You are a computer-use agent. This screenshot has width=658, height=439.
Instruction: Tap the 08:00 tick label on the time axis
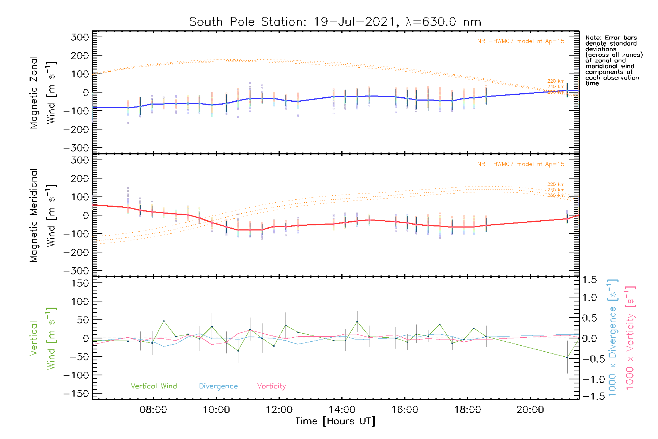coord(153,410)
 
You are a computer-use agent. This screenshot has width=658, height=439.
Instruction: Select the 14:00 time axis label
coord(342,410)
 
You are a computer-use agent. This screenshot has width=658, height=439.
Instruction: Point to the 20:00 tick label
coord(530,410)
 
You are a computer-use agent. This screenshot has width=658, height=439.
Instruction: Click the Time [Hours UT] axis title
coord(335,421)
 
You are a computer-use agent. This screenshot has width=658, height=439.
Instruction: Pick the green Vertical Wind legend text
coord(154,386)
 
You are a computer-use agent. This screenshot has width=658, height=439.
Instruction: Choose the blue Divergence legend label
coord(218,386)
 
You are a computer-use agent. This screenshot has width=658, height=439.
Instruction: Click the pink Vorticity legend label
coord(271,386)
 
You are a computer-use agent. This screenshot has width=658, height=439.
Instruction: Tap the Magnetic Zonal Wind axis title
coord(42,92)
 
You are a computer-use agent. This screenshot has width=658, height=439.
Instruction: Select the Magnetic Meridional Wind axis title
coord(42,215)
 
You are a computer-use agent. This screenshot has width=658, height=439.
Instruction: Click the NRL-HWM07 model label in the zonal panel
coord(521,41)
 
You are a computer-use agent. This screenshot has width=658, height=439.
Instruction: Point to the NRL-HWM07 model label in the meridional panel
coord(521,164)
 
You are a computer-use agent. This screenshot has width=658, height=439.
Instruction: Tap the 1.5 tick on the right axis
coord(589,280)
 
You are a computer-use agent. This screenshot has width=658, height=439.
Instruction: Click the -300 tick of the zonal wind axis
coord(76,148)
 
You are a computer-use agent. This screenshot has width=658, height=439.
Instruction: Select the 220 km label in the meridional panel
coord(556,184)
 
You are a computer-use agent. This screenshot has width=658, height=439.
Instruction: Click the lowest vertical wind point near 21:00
coord(567,357)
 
